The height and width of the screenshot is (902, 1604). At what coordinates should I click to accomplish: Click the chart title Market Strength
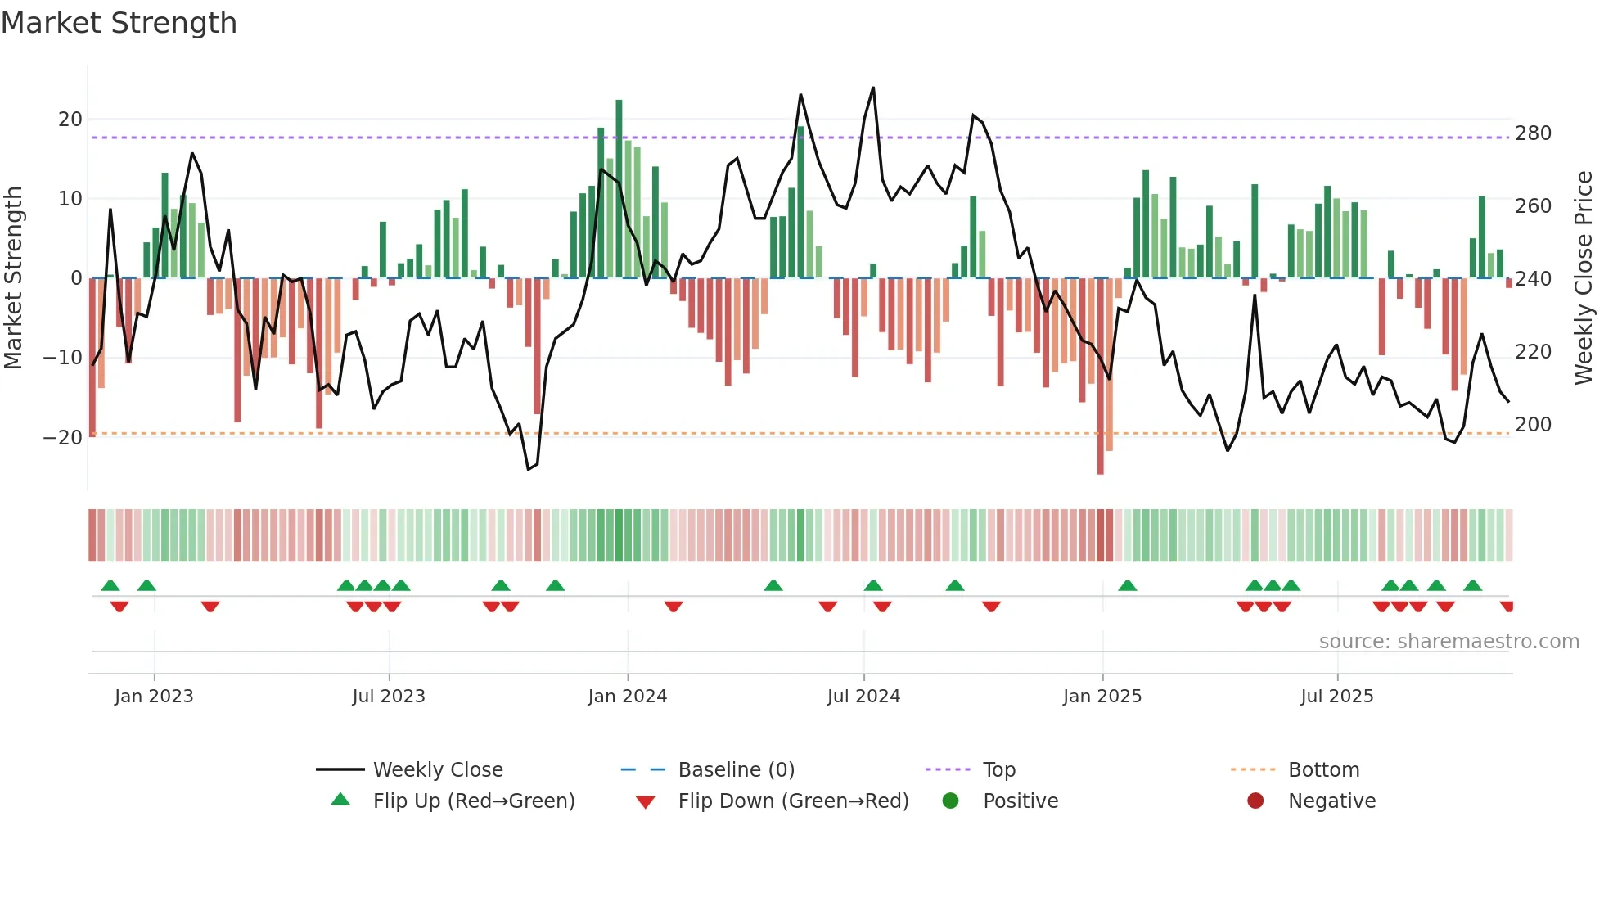[x=119, y=23]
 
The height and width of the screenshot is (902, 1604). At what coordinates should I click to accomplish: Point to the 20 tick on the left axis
[x=70, y=120]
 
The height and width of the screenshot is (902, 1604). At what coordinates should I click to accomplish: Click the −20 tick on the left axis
[x=64, y=437]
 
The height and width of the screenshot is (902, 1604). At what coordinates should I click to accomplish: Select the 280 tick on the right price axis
[x=1533, y=133]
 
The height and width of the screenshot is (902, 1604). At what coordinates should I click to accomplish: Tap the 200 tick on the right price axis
[x=1533, y=425]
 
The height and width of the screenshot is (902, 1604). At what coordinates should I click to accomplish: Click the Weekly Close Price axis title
[x=1584, y=278]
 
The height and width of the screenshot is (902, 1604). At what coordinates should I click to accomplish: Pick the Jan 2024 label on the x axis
[x=627, y=697]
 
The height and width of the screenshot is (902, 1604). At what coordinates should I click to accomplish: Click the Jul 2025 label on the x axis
[x=1336, y=697]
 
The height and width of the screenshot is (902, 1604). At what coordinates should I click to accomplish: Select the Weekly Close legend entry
[x=438, y=770]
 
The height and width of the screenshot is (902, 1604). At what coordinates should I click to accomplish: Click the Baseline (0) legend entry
[x=736, y=770]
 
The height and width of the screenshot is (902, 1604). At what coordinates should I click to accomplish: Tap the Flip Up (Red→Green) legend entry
[x=473, y=801]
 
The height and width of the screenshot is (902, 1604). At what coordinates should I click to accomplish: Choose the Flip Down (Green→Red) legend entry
[x=792, y=801]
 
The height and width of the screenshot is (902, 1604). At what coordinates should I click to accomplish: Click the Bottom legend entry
[x=1323, y=770]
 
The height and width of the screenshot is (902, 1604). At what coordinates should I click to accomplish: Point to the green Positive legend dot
[x=950, y=801]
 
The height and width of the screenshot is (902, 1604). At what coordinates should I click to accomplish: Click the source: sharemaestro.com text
[x=1449, y=642]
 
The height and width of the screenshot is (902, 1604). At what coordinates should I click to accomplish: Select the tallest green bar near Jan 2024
[x=619, y=188]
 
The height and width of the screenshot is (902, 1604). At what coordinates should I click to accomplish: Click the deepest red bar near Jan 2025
[x=1100, y=377]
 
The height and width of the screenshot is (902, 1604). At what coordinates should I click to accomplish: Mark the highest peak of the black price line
[x=873, y=88]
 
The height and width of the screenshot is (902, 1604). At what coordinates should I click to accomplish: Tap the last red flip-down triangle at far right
[x=1507, y=607]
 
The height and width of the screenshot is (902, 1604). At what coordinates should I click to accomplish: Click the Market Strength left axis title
[x=14, y=278]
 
